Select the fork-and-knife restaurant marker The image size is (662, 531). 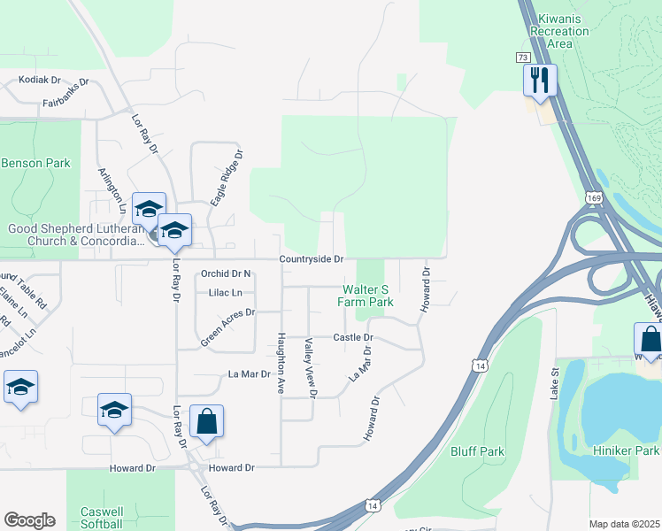coord(538,81)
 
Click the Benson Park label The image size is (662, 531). coord(35,164)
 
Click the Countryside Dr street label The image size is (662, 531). coord(311,258)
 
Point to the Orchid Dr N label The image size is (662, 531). coord(227,273)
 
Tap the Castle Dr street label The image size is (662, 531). coord(353,337)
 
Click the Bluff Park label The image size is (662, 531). coord(477,451)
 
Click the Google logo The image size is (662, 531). coord(29,520)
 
